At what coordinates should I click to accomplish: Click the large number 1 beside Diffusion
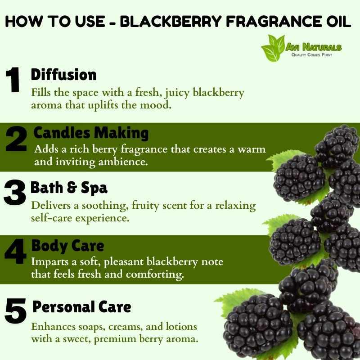click(13, 80)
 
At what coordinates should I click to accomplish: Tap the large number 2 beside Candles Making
click(16, 139)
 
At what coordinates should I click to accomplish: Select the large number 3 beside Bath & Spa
click(15, 193)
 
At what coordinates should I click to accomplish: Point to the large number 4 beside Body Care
click(15, 251)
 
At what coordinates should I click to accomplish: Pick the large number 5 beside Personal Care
click(15, 311)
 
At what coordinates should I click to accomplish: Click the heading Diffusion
click(63, 75)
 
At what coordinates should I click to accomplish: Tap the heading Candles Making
click(91, 133)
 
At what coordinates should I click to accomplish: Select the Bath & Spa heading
click(69, 188)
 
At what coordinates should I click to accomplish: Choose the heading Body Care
click(68, 246)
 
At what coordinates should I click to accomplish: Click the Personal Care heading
click(82, 307)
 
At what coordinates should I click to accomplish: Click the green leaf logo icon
click(273, 48)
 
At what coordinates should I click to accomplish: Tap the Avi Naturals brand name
click(314, 47)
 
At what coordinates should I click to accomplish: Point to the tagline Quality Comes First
click(311, 54)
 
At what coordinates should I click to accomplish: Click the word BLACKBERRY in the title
click(171, 22)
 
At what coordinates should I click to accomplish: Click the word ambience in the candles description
click(123, 162)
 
